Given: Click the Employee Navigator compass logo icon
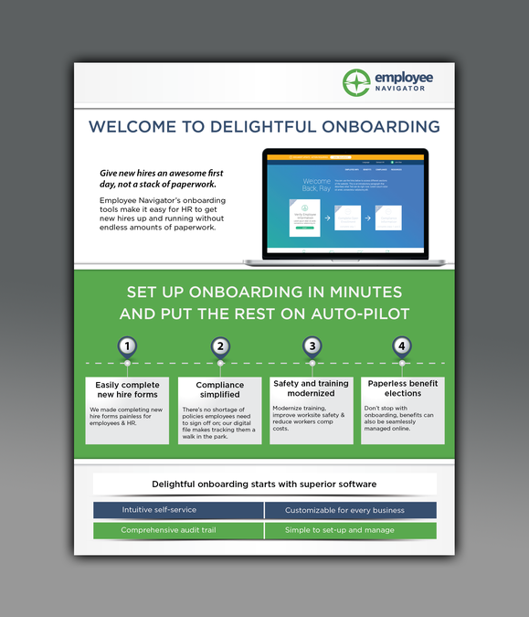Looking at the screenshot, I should pos(356,83).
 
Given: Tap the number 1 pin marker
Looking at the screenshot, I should pos(128,346).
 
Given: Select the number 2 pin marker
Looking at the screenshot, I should pos(220,346).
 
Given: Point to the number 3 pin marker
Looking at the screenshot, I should pos(312,346).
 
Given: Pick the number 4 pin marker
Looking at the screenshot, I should pos(401,346).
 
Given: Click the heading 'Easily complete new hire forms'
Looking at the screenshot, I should pos(127,389).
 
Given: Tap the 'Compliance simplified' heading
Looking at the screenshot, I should pos(219,389).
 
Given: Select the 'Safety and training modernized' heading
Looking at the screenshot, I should pos(311,388).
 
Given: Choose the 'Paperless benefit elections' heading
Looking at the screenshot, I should pos(402,388).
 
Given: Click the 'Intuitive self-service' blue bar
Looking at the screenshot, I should pos(159,510).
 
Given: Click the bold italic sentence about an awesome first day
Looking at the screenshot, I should pos(162,178).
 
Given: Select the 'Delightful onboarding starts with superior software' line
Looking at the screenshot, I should pos(264,484).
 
